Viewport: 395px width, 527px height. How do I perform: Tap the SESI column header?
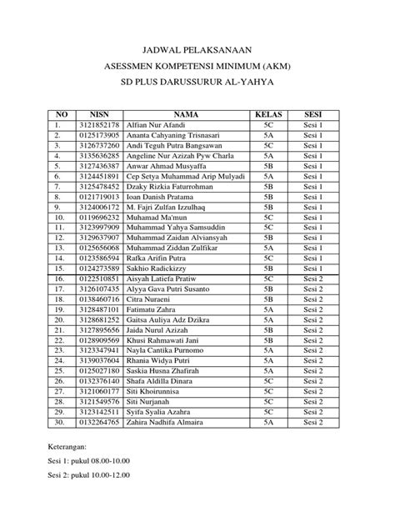(x=313, y=113)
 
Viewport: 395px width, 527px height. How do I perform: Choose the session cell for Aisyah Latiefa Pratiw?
(x=313, y=279)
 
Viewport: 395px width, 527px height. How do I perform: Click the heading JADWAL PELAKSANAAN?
(x=197, y=50)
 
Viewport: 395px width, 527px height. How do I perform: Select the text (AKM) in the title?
(x=287, y=66)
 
